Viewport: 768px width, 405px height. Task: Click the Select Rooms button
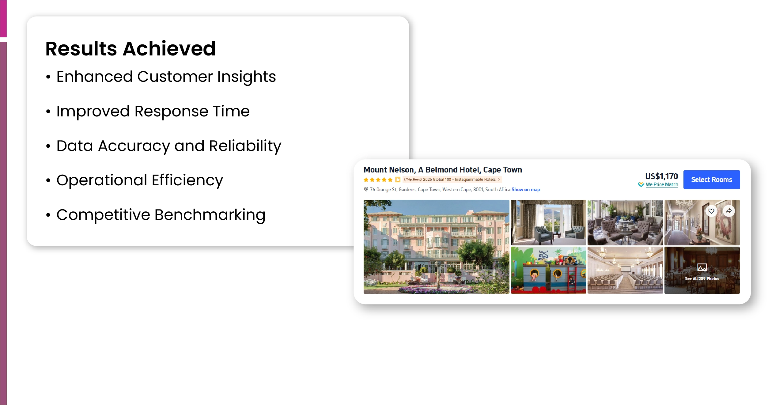[x=711, y=180]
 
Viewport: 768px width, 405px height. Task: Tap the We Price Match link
[x=662, y=184]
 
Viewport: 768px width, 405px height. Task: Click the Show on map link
[x=526, y=189]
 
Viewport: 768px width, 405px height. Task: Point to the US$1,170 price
[x=661, y=176]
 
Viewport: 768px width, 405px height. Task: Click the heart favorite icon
[x=711, y=211]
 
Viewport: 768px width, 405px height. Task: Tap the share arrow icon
[x=729, y=211]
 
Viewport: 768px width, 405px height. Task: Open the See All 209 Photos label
[x=702, y=278]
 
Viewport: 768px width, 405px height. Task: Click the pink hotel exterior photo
[x=436, y=247]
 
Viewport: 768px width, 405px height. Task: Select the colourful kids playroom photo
[x=548, y=270]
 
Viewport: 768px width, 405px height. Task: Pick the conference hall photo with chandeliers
[x=625, y=270]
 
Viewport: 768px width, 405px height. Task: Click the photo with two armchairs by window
[x=548, y=222]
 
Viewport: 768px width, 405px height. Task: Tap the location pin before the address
[x=366, y=189]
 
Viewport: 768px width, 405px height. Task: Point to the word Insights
[x=247, y=77]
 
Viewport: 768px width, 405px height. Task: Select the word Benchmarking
[x=210, y=215]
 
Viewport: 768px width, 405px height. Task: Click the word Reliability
[x=245, y=146]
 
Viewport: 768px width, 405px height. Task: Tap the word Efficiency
[x=187, y=180]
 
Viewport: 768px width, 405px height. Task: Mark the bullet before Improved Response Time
[x=48, y=112]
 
